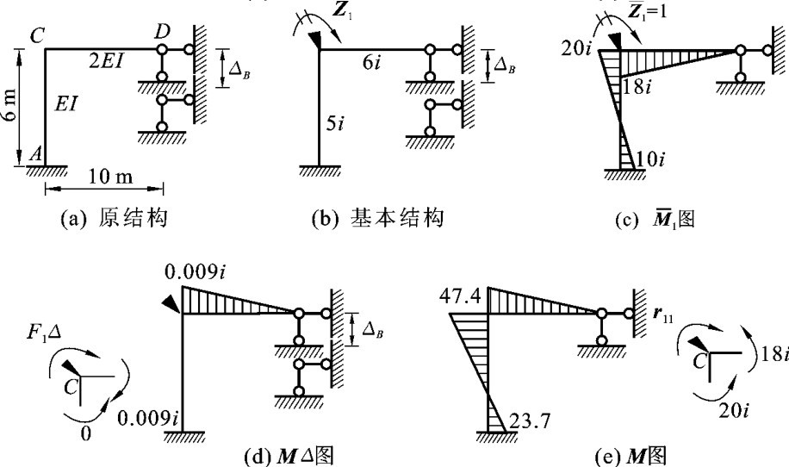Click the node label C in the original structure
point(38,37)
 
